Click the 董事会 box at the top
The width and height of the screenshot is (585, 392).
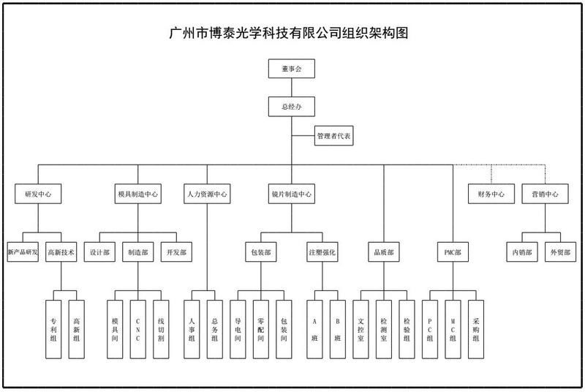(291, 69)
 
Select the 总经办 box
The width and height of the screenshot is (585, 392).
(291, 107)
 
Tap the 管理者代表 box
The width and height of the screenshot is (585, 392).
(333, 136)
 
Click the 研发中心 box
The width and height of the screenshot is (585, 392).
(38, 194)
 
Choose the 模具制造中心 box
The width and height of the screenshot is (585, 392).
(137, 194)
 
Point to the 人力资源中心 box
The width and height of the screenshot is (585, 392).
(207, 194)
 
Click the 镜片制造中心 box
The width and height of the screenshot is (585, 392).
(291, 194)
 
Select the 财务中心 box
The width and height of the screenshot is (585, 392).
(491, 194)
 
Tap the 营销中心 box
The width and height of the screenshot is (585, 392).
(545, 194)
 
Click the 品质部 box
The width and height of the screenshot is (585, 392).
(383, 252)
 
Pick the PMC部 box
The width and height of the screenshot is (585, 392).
(453, 252)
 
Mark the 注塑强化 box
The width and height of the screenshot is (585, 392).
(322, 252)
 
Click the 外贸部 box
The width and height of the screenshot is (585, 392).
(560, 252)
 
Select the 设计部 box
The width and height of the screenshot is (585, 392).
(99, 252)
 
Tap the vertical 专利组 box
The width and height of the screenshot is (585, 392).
(53, 329)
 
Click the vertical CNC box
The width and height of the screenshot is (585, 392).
(137, 329)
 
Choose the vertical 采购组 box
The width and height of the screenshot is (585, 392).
(476, 329)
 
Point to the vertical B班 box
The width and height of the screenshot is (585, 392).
(338, 329)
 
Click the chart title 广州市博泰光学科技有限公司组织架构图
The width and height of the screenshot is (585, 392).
(288, 33)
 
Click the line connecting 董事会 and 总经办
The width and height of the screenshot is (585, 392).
(291, 88)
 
